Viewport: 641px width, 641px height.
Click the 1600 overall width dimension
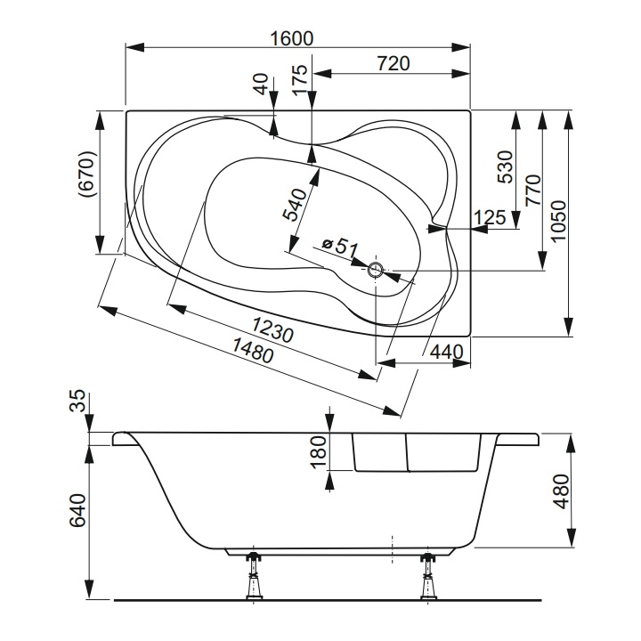[x=292, y=38]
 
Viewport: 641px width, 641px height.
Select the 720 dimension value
[x=393, y=64]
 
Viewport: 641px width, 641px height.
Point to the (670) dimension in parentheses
[x=87, y=174]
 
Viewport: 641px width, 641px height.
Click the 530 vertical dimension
[x=505, y=166]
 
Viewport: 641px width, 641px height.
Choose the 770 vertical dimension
[x=532, y=191]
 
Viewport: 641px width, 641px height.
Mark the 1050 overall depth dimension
[x=558, y=221]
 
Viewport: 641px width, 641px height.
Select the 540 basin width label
[x=296, y=205]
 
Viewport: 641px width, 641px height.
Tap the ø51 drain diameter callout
[x=340, y=247]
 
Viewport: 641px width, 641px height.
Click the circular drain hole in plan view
[x=376, y=270]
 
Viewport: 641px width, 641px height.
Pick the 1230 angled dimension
[x=272, y=329]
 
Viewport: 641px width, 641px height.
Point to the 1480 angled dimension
[x=253, y=351]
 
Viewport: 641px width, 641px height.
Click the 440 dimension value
[x=447, y=352]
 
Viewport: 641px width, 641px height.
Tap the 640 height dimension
[x=77, y=510]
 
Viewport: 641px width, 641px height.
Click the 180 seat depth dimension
[x=319, y=451]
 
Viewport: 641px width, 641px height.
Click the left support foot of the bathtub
[x=254, y=576]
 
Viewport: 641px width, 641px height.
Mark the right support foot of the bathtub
[x=428, y=576]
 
